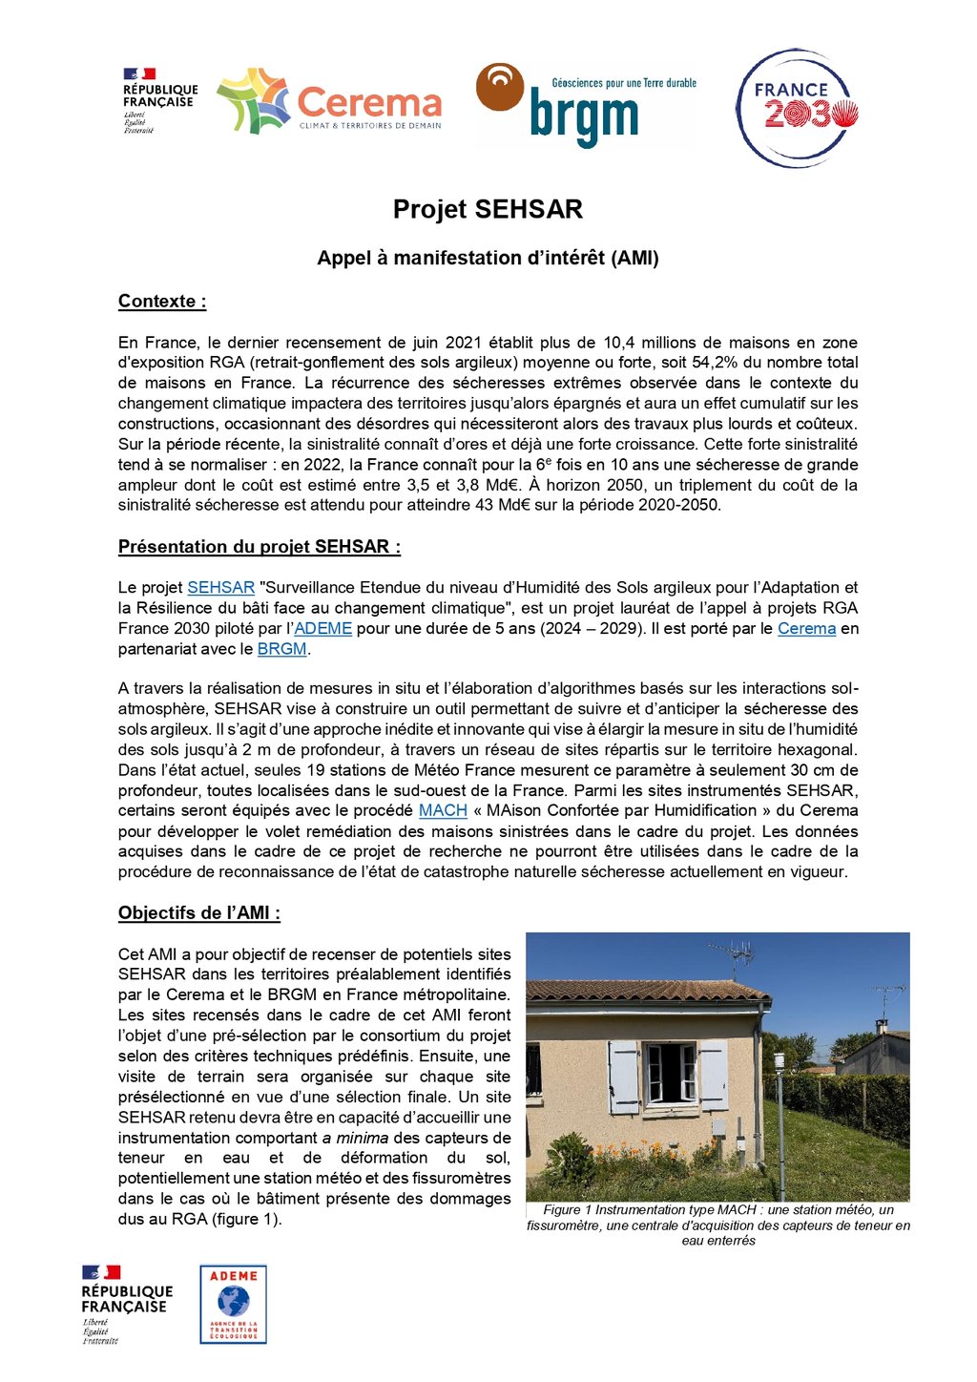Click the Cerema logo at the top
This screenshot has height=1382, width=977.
(329, 101)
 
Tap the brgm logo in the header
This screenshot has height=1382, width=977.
(585, 105)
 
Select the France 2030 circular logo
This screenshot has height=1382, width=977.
(798, 109)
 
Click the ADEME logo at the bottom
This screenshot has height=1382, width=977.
(233, 1304)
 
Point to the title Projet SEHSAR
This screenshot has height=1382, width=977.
(488, 210)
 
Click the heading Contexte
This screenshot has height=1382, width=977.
(162, 302)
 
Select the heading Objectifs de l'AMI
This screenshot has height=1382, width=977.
(198, 913)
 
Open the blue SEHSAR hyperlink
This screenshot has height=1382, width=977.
(220, 588)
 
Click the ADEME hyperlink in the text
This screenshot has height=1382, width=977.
(323, 629)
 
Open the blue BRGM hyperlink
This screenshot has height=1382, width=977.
(282, 649)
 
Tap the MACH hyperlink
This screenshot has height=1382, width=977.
(443, 810)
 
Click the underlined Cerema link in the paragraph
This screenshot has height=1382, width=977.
(806, 629)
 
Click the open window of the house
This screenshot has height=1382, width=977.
(671, 1073)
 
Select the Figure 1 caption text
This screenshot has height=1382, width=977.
(718, 1225)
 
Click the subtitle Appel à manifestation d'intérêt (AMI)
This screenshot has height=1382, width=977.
(488, 259)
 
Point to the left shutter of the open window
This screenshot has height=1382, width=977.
(624, 1077)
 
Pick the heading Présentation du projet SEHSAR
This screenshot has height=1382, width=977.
(259, 547)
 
